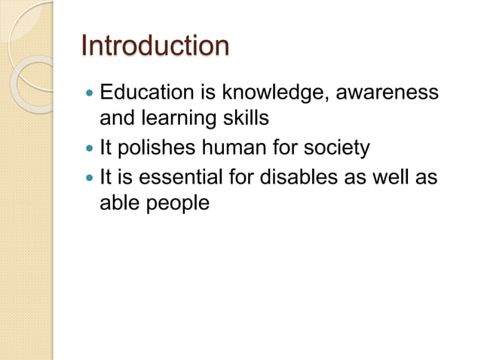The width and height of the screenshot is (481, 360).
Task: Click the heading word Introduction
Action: (x=155, y=47)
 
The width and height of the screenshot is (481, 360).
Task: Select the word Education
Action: (x=148, y=95)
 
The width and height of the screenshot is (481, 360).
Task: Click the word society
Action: (x=335, y=148)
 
